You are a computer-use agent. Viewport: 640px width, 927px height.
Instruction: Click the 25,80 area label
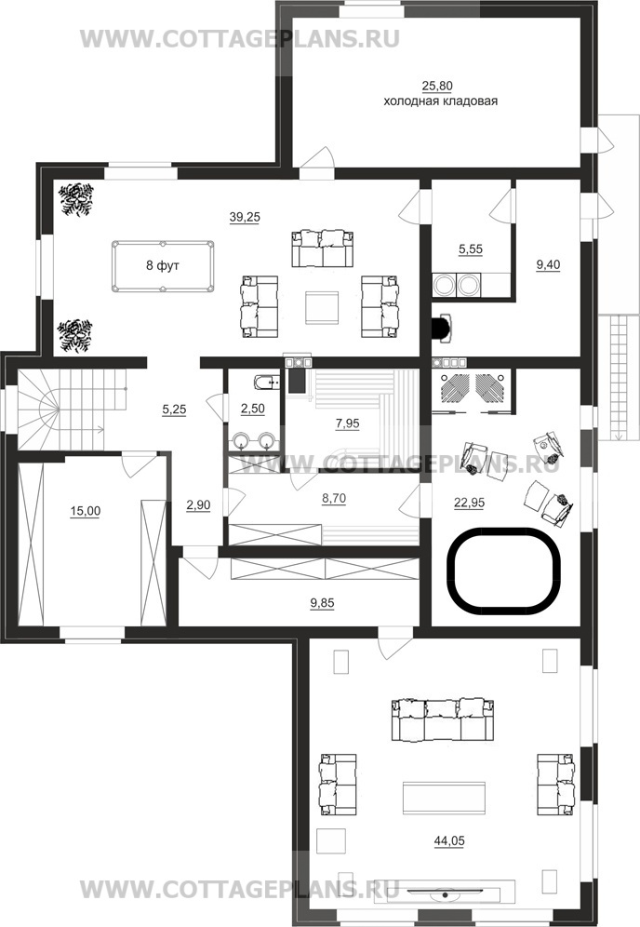point(437,87)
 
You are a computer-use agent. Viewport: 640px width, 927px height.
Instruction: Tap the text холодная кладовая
point(440,101)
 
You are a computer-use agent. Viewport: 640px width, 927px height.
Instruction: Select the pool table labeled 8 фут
point(163,266)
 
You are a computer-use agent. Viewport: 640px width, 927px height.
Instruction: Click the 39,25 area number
point(245,218)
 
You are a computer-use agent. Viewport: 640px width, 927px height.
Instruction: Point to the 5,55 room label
point(471,249)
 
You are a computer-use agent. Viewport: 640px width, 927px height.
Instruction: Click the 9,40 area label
point(548,265)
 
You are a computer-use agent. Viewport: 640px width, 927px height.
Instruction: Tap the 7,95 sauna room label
point(348,423)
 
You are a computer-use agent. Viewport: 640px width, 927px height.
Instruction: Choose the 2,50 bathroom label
point(252,410)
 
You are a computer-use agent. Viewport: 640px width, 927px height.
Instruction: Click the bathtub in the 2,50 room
point(265,382)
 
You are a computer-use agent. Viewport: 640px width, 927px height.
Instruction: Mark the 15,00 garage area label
point(85,511)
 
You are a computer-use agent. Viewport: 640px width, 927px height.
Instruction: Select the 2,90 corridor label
point(198,504)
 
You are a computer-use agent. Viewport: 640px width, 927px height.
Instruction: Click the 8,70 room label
point(334,499)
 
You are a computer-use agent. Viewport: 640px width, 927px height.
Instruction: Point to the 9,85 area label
point(322,604)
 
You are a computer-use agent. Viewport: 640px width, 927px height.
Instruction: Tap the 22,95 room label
point(469,504)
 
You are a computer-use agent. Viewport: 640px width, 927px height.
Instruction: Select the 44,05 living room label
point(449,840)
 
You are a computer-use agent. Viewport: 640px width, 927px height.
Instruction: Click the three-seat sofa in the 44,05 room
point(442,719)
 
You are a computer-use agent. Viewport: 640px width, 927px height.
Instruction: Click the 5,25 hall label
point(174,410)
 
